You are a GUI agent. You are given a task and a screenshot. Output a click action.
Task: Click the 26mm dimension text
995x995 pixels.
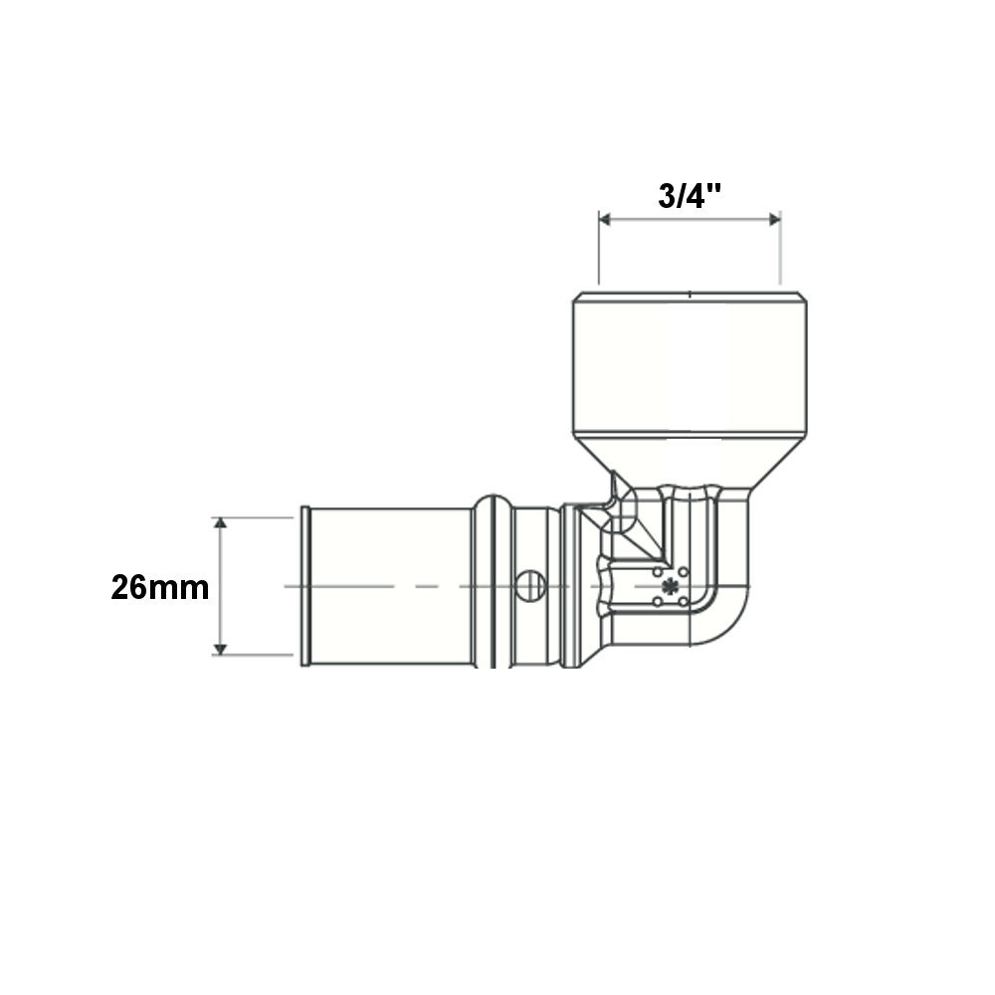(x=160, y=588)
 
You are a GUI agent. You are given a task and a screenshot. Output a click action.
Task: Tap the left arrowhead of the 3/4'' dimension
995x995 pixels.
(x=605, y=220)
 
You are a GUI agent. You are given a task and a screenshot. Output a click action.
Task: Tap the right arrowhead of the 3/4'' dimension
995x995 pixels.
(x=774, y=220)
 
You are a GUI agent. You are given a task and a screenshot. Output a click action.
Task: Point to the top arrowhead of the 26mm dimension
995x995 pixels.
(x=220, y=523)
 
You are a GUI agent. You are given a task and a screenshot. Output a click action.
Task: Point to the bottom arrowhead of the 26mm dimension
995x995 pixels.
(x=220, y=649)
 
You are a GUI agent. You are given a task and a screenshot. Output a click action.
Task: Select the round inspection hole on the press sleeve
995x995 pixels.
(x=530, y=586)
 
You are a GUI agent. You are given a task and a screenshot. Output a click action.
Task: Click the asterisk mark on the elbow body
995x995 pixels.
(x=669, y=586)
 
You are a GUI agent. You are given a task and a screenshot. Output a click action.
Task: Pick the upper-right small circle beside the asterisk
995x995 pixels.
(x=683, y=572)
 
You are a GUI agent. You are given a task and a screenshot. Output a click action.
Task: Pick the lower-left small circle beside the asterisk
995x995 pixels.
(x=658, y=601)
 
